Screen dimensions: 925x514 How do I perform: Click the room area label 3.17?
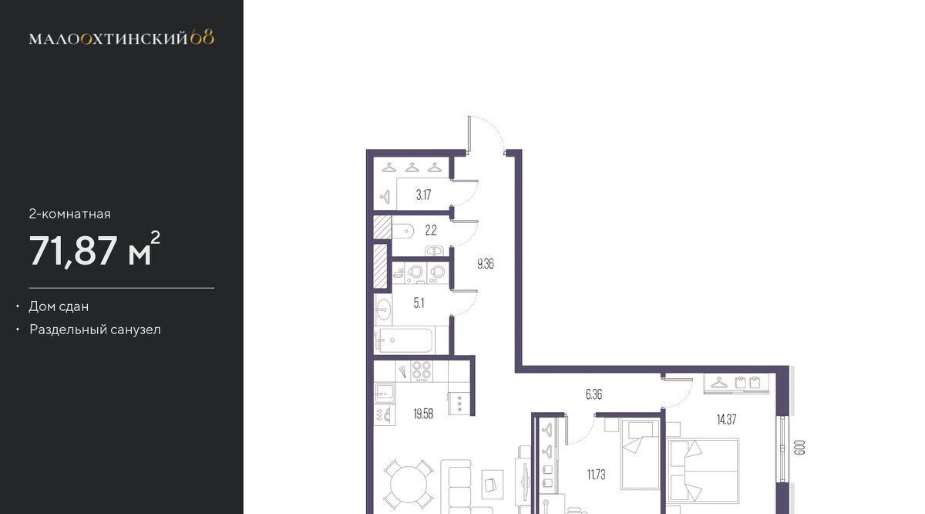(424, 194)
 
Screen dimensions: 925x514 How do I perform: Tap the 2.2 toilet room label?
(431, 230)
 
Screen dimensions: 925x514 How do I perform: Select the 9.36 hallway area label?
(485, 264)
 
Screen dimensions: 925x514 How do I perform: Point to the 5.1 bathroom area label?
(419, 303)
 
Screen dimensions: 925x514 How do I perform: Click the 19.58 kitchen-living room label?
(423, 414)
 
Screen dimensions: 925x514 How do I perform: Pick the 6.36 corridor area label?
(594, 394)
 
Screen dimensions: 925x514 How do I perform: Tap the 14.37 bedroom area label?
(726, 420)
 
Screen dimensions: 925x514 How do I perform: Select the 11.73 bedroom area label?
(597, 475)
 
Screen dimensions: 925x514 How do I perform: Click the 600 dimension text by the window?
(800, 448)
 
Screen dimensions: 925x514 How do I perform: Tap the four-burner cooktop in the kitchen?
(421, 370)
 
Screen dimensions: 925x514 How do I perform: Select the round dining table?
(409, 485)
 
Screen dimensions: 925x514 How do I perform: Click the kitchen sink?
(385, 393)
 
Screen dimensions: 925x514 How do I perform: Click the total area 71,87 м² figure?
(95, 250)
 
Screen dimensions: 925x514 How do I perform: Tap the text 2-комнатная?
(70, 214)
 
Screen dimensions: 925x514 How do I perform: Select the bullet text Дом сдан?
(59, 306)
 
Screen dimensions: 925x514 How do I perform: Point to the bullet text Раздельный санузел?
(95, 330)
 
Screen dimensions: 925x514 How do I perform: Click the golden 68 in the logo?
(202, 38)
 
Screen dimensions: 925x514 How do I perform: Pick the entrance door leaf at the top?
(469, 134)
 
